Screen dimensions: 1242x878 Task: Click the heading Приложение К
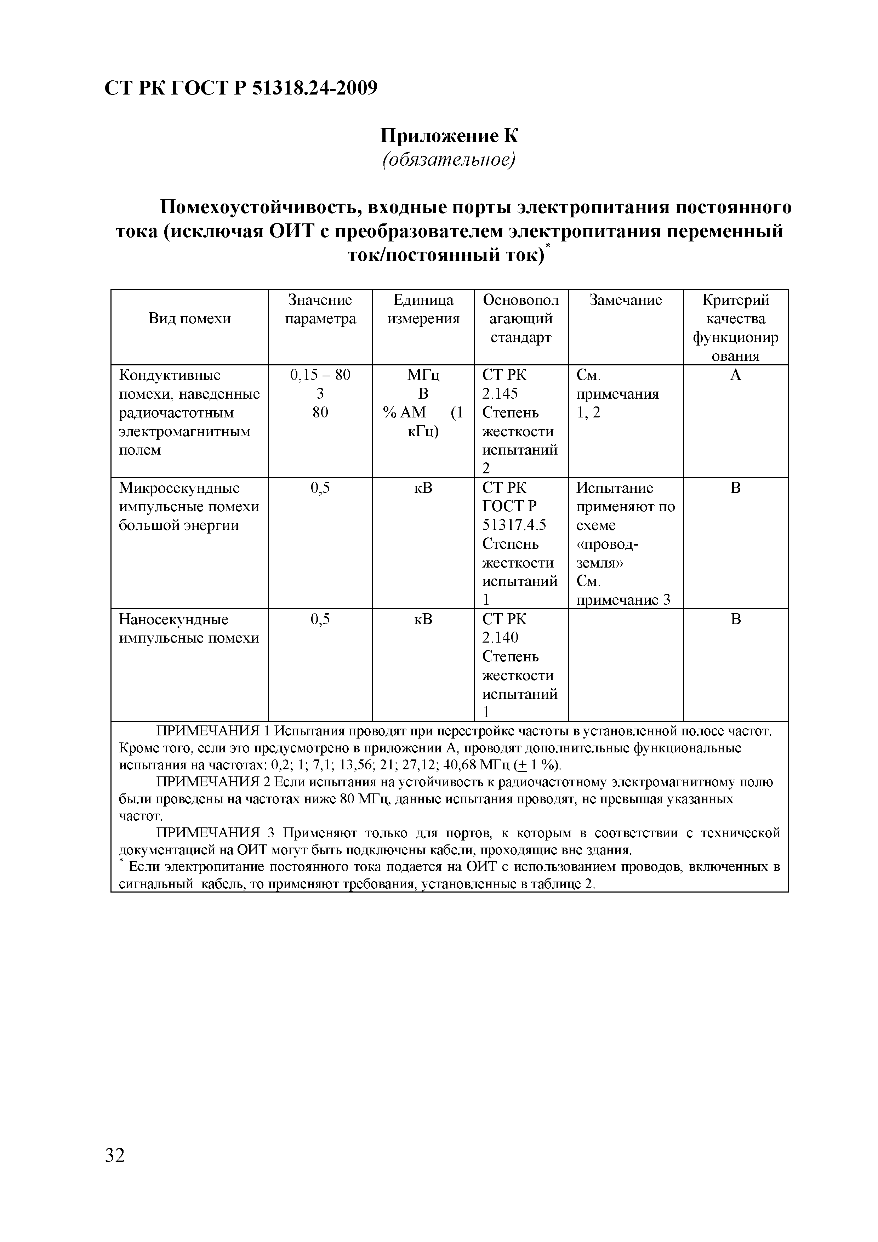(x=449, y=135)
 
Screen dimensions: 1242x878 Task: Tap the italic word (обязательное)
(x=449, y=160)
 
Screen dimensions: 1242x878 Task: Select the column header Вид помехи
(x=189, y=319)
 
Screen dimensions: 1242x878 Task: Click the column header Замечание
(x=625, y=300)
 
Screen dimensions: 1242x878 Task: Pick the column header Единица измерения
(x=423, y=309)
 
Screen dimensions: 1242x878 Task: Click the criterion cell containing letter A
(x=735, y=375)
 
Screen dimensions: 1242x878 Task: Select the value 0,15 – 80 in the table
(x=320, y=375)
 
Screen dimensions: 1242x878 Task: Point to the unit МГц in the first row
(x=423, y=375)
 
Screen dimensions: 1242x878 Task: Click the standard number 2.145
(x=500, y=393)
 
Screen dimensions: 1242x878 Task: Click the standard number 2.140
(x=500, y=638)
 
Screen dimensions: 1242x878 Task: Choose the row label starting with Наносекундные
(x=173, y=619)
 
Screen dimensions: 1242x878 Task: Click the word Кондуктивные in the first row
(x=169, y=375)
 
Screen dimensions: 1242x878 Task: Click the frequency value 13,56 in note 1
(x=353, y=765)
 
